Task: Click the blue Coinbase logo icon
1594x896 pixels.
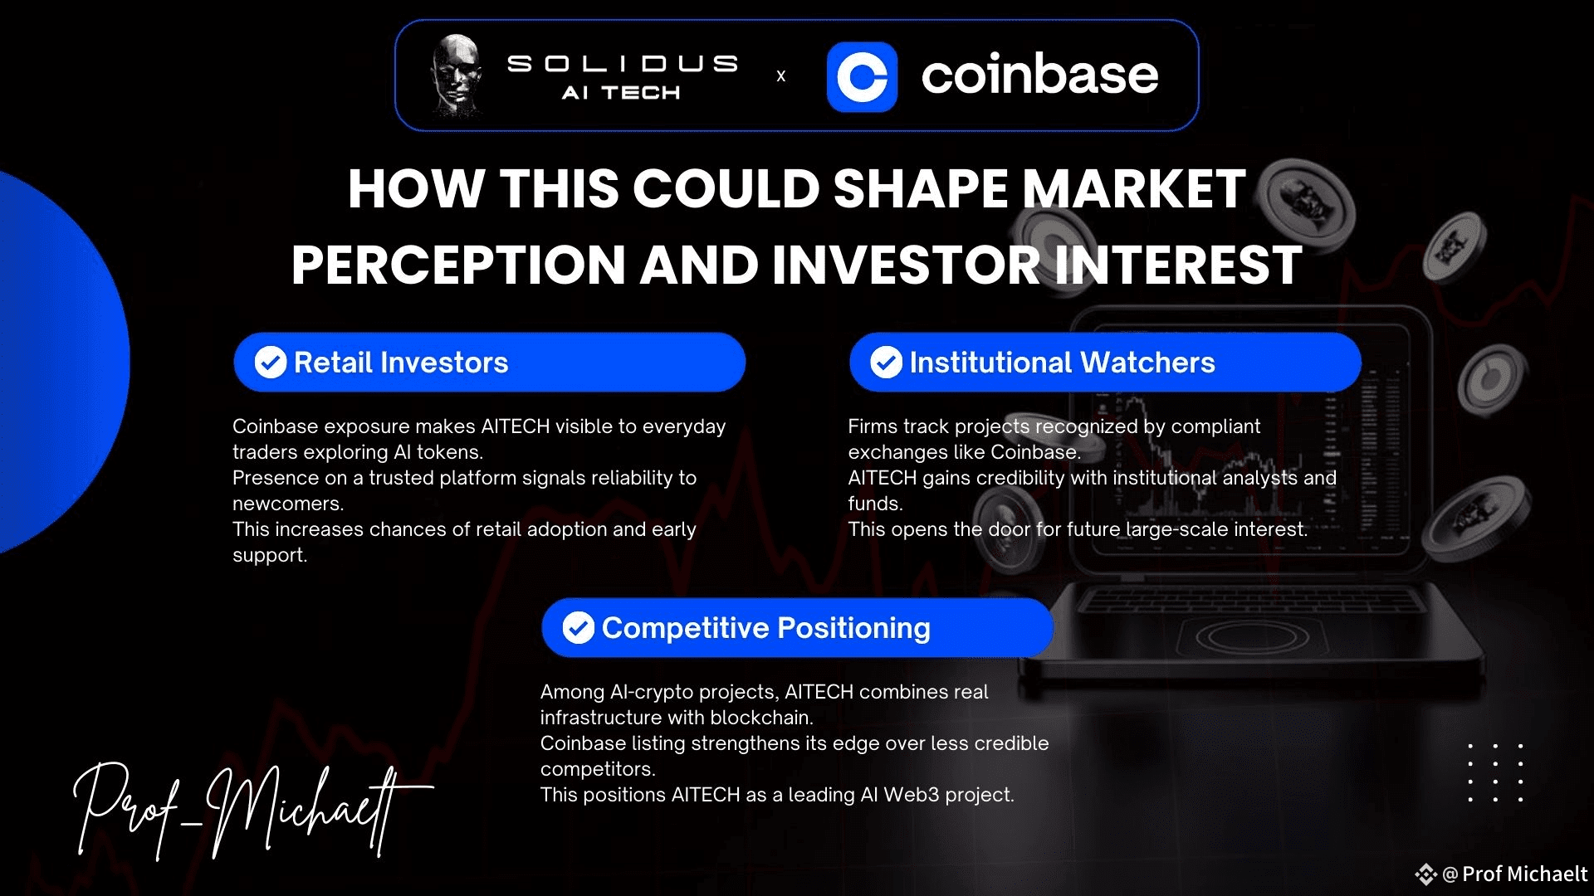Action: pyautogui.click(x=862, y=76)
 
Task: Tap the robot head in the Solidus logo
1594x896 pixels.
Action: pyautogui.click(x=457, y=75)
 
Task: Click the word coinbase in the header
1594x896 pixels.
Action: pyautogui.click(x=1039, y=75)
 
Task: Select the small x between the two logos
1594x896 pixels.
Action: pyautogui.click(x=780, y=76)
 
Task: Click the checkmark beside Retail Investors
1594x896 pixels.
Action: pyautogui.click(x=271, y=363)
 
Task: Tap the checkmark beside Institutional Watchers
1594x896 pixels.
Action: pyautogui.click(x=886, y=363)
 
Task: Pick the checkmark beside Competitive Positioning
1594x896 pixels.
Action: pyautogui.click(x=578, y=628)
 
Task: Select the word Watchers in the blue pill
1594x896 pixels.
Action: pyautogui.click(x=1148, y=363)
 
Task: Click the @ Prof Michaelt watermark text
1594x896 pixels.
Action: pyautogui.click(x=1514, y=874)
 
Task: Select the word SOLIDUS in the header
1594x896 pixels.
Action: pyautogui.click(x=623, y=64)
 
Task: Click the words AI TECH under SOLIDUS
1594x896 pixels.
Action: pyautogui.click(x=621, y=93)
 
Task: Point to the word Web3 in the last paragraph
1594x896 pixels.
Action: pyautogui.click(x=912, y=795)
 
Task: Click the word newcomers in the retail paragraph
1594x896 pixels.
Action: pyautogui.click(x=286, y=504)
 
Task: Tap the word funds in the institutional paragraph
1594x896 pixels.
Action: pyautogui.click(x=873, y=504)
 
